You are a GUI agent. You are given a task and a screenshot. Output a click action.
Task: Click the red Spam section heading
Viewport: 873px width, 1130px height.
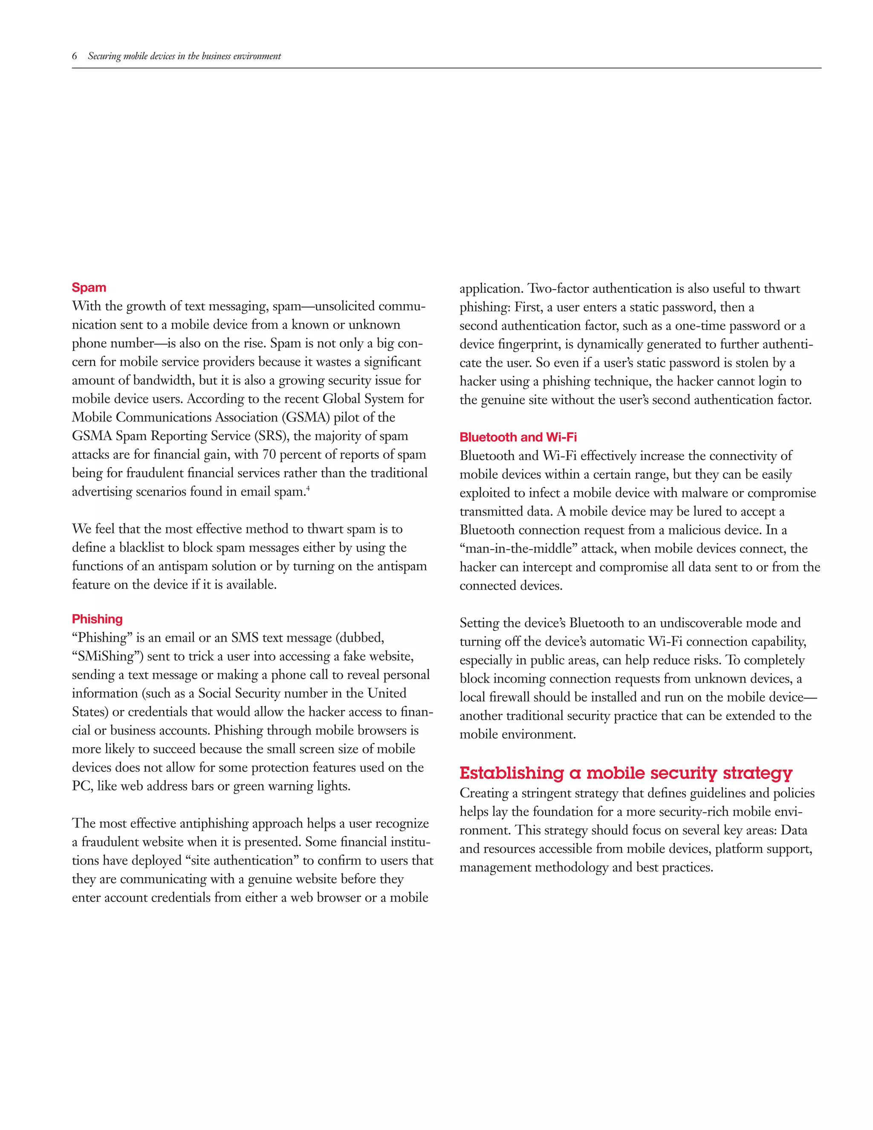pos(89,288)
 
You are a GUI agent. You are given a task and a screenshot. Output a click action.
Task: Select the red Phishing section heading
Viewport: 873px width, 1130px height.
pos(97,619)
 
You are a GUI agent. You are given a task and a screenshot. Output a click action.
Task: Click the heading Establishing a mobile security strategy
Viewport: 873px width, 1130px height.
pos(626,773)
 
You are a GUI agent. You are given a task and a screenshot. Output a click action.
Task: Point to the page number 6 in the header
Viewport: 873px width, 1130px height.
pos(75,56)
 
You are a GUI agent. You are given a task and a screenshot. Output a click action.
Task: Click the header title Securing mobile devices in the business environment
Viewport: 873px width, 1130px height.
pos(184,56)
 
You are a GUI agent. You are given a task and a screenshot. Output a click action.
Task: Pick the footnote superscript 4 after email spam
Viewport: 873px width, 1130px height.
pos(308,488)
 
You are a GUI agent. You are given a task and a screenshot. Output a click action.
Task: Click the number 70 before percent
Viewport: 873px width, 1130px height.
pos(269,455)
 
